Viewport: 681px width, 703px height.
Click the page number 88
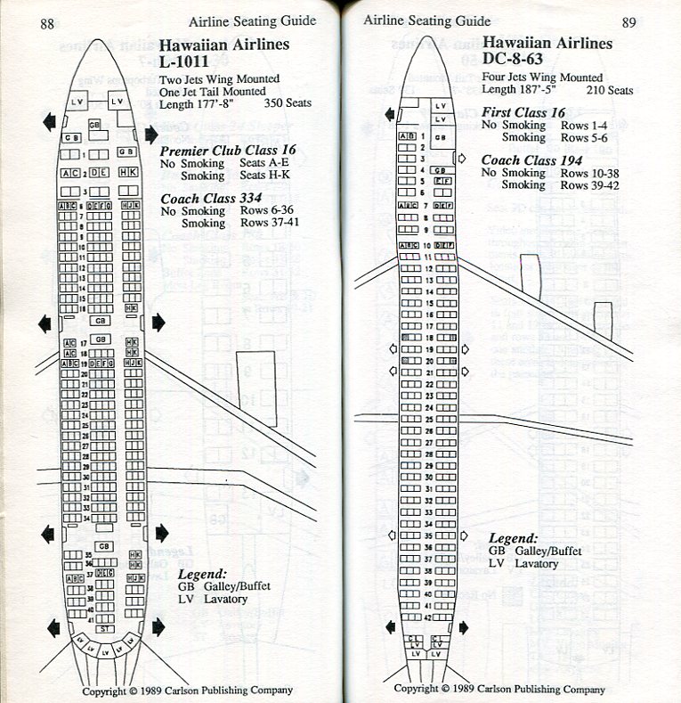pyautogui.click(x=47, y=24)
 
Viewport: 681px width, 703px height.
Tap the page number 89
pyautogui.click(x=629, y=22)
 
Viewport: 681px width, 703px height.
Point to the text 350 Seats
pyautogui.click(x=287, y=103)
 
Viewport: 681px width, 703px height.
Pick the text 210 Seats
pyautogui.click(x=610, y=91)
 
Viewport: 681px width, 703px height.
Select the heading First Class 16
pyautogui.click(x=523, y=112)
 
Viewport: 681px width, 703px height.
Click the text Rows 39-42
pyautogui.click(x=590, y=185)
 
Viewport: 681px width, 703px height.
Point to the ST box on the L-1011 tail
pyautogui.click(x=105, y=628)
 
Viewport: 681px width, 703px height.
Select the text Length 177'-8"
pyautogui.click(x=203, y=103)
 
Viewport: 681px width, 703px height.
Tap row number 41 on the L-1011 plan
pyautogui.click(x=89, y=617)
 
